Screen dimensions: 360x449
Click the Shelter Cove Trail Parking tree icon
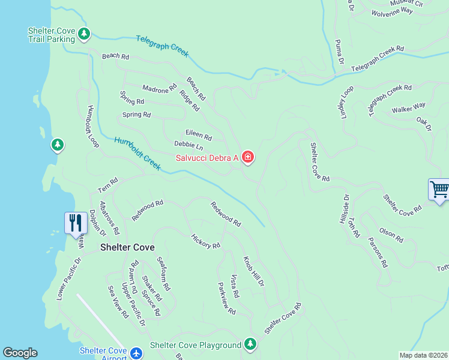[x=84, y=35]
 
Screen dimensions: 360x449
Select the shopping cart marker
[x=439, y=190]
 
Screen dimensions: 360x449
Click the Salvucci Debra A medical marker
[x=247, y=158]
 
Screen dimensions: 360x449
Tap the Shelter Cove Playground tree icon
[x=250, y=344]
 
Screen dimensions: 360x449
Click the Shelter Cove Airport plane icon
[x=136, y=353]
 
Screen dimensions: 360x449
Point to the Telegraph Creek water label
[x=162, y=46]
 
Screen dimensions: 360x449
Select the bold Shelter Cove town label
[x=127, y=247]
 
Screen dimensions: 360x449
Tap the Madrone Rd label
[x=160, y=88]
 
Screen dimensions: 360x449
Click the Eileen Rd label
[x=199, y=136]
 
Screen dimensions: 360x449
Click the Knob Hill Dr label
[x=253, y=272]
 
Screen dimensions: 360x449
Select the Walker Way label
[x=408, y=109]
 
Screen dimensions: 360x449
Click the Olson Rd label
[x=391, y=235]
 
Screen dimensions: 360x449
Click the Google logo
[x=20, y=353]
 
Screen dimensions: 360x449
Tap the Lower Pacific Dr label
[x=68, y=280]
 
